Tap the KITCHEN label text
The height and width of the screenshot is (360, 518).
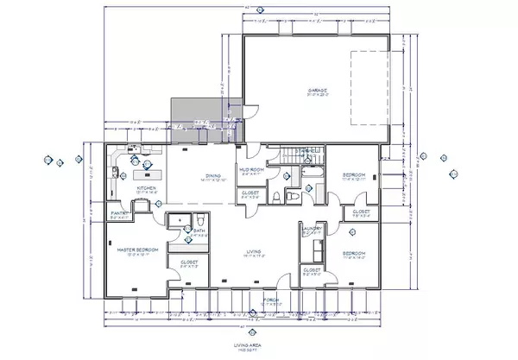point(145,187)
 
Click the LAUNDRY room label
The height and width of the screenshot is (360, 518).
point(313,229)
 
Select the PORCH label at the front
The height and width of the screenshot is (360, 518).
point(269,301)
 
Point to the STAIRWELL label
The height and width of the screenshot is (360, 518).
point(307,150)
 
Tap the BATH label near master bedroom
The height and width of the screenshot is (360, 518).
point(199,231)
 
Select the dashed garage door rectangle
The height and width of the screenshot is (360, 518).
point(366,90)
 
